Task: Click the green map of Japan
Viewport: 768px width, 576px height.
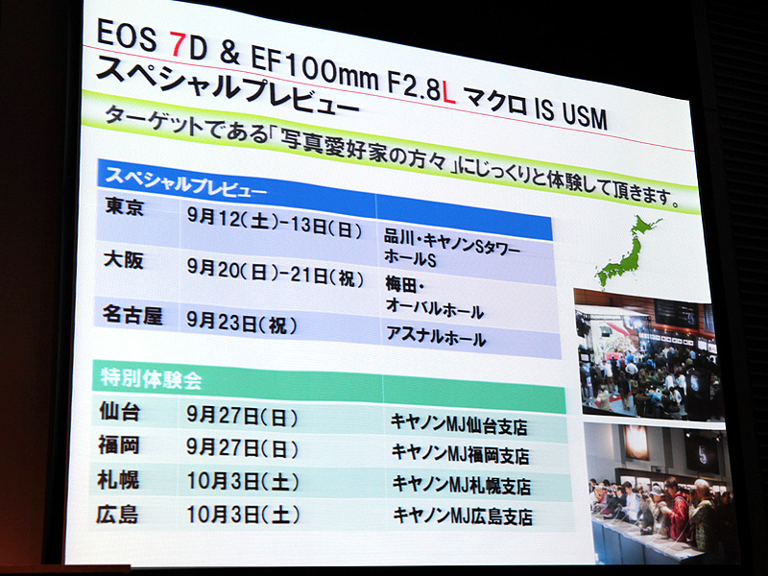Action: coord(629,251)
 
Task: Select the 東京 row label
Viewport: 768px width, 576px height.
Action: coord(125,207)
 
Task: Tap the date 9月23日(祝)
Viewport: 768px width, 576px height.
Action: coord(241,324)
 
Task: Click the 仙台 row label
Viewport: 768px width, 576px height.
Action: coord(119,413)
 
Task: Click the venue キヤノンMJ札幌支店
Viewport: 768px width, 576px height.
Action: coord(462,486)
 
